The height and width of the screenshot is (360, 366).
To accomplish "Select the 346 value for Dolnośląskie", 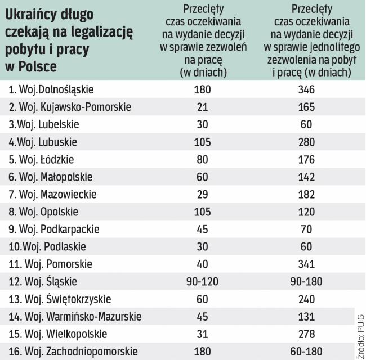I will pyautogui.click(x=307, y=89).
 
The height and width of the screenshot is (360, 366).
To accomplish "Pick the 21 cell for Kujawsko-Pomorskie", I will pyautogui.click(x=202, y=107).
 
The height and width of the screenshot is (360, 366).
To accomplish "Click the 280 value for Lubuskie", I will pyautogui.click(x=307, y=142).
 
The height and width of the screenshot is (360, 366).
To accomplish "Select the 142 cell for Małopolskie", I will pyautogui.click(x=307, y=177).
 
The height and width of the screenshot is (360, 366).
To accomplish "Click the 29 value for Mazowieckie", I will pyautogui.click(x=202, y=194).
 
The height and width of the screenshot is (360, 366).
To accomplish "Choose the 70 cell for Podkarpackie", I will pyautogui.click(x=307, y=229).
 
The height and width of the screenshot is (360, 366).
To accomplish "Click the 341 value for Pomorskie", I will pyautogui.click(x=307, y=264).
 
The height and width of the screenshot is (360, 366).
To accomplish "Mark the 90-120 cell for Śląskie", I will pyautogui.click(x=202, y=281).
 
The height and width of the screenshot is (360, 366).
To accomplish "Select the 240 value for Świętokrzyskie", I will pyautogui.click(x=307, y=299).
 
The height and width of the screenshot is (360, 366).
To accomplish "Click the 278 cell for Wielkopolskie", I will pyautogui.click(x=307, y=334).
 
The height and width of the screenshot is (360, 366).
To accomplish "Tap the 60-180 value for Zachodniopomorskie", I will pyautogui.click(x=307, y=352).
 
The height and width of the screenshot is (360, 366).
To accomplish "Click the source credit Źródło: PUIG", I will pyautogui.click(x=360, y=334).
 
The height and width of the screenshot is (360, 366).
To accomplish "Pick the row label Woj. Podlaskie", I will pyautogui.click(x=48, y=246).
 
